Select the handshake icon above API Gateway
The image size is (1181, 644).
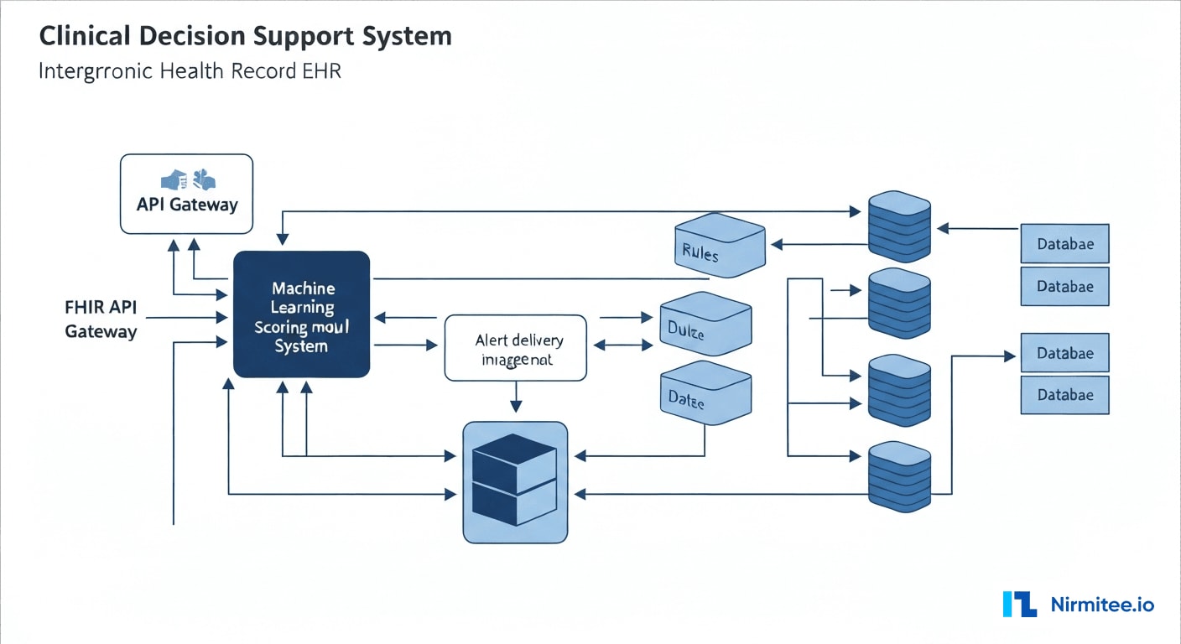(x=187, y=179)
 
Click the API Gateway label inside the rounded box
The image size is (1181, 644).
(x=186, y=205)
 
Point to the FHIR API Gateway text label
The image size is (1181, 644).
(x=101, y=319)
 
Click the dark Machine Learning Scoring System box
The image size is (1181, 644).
(x=301, y=314)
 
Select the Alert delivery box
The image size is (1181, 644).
(x=515, y=349)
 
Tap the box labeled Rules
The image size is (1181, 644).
(x=719, y=245)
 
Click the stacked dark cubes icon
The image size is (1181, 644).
(x=515, y=481)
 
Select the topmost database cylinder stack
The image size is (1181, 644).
(x=899, y=224)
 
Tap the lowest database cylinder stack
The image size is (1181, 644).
(x=899, y=475)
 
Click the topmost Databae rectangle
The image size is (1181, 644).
(x=1064, y=244)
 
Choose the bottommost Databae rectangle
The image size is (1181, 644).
(x=1064, y=394)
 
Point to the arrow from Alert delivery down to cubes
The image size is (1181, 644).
(x=515, y=397)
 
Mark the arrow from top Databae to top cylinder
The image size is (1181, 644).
(x=977, y=227)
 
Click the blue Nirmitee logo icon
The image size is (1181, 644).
(x=1019, y=604)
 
